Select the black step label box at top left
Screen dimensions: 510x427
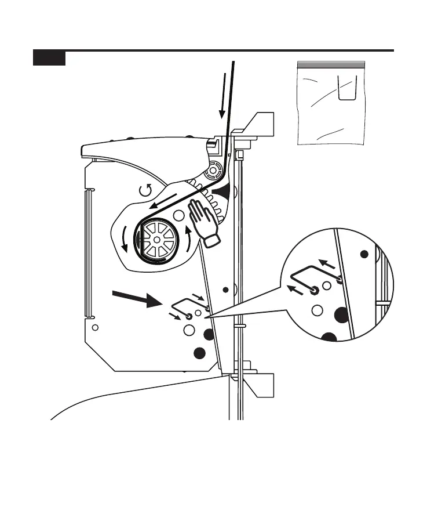coord(49,58)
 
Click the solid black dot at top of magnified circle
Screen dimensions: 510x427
coord(364,254)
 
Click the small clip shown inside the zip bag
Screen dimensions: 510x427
coord(346,90)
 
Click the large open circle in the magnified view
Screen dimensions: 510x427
coord(317,310)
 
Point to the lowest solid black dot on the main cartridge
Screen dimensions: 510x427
coord(199,352)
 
